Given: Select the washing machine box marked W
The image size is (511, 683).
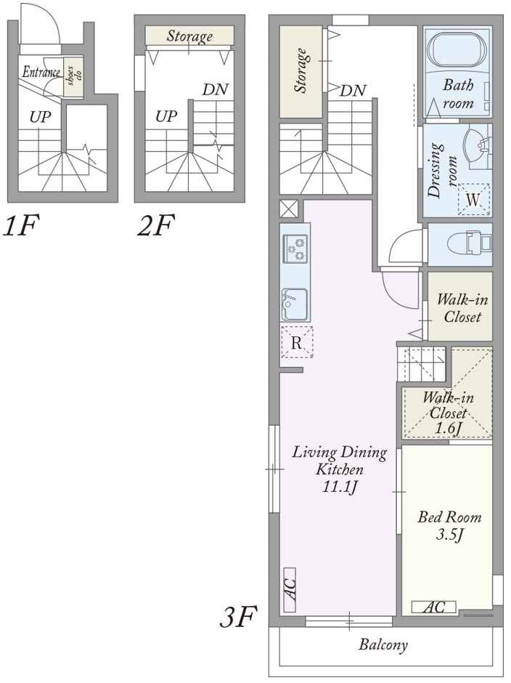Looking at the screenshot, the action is [x=473, y=200].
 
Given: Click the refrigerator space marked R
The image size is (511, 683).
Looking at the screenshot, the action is [x=296, y=342].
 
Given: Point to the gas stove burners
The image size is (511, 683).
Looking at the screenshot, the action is [x=295, y=248].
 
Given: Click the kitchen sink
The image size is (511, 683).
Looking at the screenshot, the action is [x=295, y=304].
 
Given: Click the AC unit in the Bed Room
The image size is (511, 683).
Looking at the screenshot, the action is [x=434, y=606].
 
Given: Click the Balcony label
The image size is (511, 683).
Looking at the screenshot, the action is [x=383, y=644].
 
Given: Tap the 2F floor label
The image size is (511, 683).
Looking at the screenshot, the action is [x=156, y=225].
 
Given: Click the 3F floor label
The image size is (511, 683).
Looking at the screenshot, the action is [x=238, y=617].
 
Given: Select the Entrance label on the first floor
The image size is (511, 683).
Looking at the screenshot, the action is [x=41, y=72].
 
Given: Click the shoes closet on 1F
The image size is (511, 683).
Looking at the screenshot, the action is [x=73, y=77].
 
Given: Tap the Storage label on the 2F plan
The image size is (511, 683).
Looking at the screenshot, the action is [x=189, y=36].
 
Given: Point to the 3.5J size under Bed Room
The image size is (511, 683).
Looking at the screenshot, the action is [x=449, y=534].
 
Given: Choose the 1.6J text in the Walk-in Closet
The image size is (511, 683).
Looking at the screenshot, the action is [x=449, y=428].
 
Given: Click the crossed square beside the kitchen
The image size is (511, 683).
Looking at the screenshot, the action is [x=289, y=209].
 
